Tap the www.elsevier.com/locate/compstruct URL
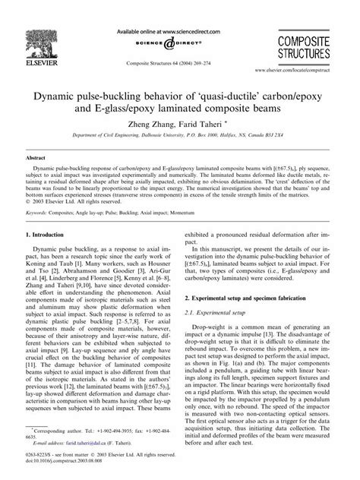click(x=302, y=68)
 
